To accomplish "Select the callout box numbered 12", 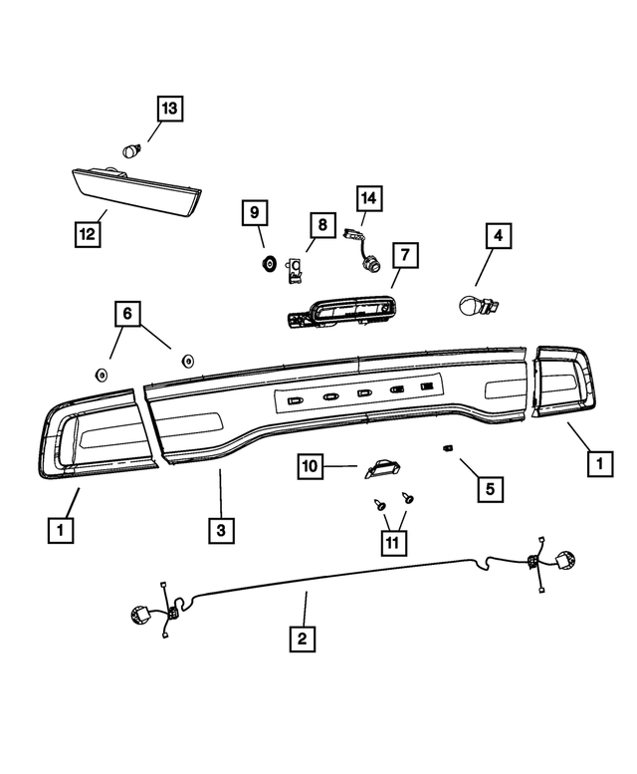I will coord(89,233).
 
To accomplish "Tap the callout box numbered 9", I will coord(255,212).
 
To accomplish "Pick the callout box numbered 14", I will coord(369,198).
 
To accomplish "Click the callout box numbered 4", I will coord(499,238).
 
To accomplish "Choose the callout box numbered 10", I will coord(310,465).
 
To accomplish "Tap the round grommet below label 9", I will coord(268,264).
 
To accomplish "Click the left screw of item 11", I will coord(380,505).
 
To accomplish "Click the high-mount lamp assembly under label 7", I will coord(338,313).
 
